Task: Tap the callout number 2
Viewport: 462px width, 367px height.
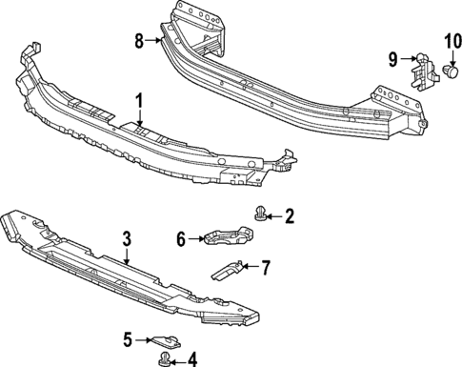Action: pos(291,216)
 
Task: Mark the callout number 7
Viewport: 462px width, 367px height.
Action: pos(266,267)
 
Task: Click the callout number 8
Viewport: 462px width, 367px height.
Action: pos(139,41)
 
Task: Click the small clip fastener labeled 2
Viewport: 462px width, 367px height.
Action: pos(260,216)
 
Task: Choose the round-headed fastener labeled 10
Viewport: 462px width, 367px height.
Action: pos(451,71)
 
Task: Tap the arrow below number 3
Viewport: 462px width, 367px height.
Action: pos(128,255)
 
